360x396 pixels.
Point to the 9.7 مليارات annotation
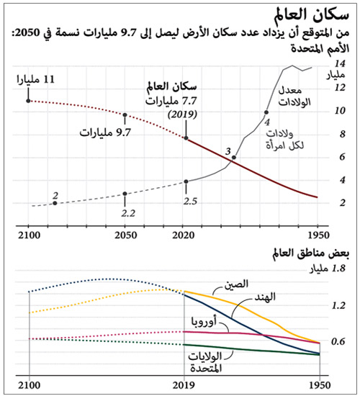click(x=100, y=133)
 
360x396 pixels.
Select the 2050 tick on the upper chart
click(x=126, y=234)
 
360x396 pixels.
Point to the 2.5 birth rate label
click(x=190, y=201)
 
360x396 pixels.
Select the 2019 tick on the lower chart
click(x=186, y=384)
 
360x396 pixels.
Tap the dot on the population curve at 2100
click(x=28, y=100)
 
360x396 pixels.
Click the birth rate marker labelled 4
click(x=266, y=112)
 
